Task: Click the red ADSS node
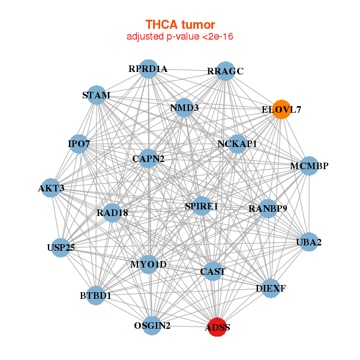217,327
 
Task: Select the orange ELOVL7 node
281,109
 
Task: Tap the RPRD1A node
148,69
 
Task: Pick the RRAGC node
225,71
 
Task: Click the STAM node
97,95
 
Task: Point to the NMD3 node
184,108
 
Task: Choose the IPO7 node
79,144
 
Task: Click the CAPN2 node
148,158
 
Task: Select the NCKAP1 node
237,144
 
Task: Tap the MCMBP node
308,166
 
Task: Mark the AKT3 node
52,188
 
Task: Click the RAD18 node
112,212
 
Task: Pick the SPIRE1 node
202,206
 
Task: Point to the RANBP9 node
268,209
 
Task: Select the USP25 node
61,247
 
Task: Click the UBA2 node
308,242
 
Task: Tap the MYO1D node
149,264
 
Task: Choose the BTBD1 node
96,295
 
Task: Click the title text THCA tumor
180,25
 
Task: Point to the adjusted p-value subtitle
180,37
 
